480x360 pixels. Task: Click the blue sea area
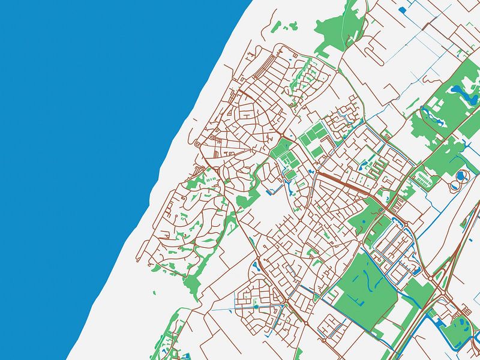click(x=90, y=150)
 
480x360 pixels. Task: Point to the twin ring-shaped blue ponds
click(x=461, y=176)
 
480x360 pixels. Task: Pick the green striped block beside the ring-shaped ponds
click(x=424, y=178)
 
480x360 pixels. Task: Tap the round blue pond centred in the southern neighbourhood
click(x=256, y=307)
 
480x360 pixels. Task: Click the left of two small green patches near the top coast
click(x=276, y=27)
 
